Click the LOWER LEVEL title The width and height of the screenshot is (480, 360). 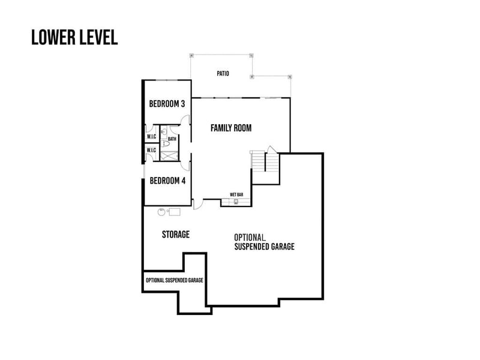[x=74, y=37]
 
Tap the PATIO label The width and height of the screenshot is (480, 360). [x=223, y=74]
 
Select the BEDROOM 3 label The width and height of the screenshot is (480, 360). [x=167, y=104]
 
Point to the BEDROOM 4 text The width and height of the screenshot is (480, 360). [x=167, y=181]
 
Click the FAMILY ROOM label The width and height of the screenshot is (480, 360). [x=230, y=128]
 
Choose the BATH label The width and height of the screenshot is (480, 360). [x=172, y=139]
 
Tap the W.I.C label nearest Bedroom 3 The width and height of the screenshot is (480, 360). [x=151, y=136]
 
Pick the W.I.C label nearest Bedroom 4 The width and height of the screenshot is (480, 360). [x=151, y=150]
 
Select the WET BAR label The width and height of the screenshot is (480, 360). [x=236, y=195]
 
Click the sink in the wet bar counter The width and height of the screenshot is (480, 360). [x=236, y=202]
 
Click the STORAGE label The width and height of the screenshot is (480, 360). [x=176, y=234]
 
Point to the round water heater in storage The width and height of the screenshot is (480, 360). [x=162, y=211]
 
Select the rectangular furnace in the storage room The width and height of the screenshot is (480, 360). [x=175, y=211]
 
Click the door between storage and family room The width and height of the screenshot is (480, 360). [x=199, y=205]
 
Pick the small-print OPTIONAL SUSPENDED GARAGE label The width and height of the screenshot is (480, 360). [x=174, y=280]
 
